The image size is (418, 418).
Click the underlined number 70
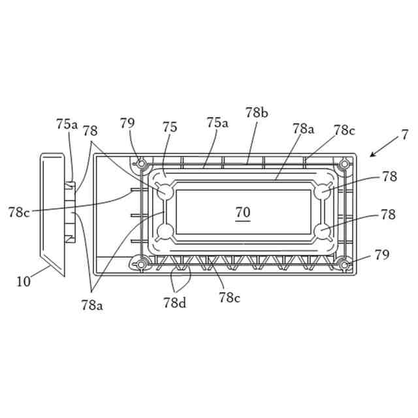pyautogui.click(x=242, y=212)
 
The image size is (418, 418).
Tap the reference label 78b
pyautogui.click(x=257, y=112)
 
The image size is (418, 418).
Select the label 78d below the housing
pyautogui.click(x=174, y=302)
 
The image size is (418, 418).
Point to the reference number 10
pyautogui.click(x=24, y=282)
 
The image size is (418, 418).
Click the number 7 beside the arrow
pyautogui.click(x=405, y=135)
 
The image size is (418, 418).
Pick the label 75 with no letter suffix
pyautogui.click(x=169, y=127)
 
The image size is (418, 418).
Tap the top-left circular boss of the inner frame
pyautogui.click(x=165, y=192)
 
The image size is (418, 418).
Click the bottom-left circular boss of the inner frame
pyautogui.click(x=165, y=231)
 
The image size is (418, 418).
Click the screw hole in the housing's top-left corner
pyautogui.click(x=140, y=163)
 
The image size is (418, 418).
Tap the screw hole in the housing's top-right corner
pyautogui.click(x=344, y=163)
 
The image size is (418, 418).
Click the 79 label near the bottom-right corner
pyautogui.click(x=381, y=255)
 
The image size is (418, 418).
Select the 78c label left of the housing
pyautogui.click(x=20, y=212)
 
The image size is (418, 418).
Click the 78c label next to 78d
pyautogui.click(x=229, y=298)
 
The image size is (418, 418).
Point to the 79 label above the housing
pyautogui.click(x=127, y=123)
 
